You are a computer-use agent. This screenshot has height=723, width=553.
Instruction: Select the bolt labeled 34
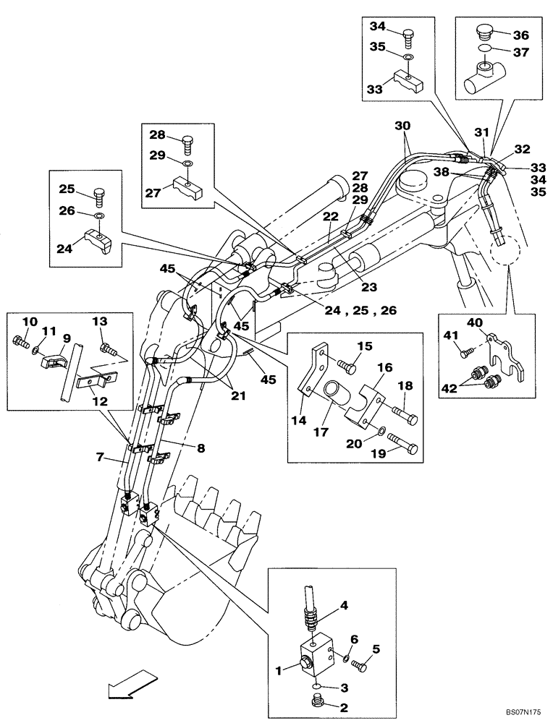409,34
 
